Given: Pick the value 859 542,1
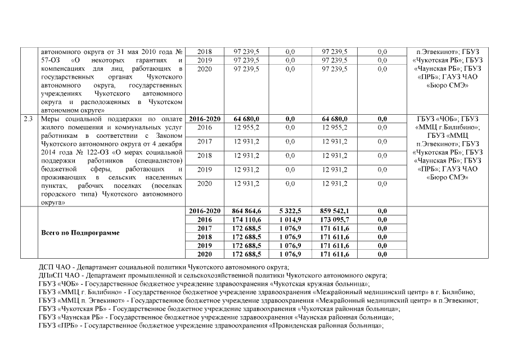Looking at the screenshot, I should (x=335, y=211).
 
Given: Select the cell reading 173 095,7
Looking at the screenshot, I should (x=335, y=220).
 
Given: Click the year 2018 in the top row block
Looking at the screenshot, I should (x=205, y=52).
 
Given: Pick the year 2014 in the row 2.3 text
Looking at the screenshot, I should (x=51, y=152).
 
